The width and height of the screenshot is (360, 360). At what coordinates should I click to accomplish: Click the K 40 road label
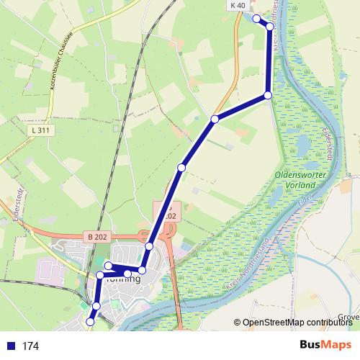coord(238,5)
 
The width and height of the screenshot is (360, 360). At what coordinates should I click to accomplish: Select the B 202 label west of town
coord(97,235)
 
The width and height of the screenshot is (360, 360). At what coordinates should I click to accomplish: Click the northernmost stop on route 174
coord(256,18)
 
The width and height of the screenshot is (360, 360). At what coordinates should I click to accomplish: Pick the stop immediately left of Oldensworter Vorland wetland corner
coord(267,95)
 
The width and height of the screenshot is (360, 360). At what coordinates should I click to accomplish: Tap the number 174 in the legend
coord(30,346)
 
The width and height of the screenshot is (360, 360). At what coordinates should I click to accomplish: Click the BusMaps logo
coord(325,344)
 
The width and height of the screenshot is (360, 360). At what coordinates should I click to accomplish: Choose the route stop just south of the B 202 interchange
coord(149,246)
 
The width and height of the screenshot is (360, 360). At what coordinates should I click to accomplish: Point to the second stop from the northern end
coord(270,27)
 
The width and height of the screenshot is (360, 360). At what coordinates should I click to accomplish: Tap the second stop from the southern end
coord(96,306)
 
